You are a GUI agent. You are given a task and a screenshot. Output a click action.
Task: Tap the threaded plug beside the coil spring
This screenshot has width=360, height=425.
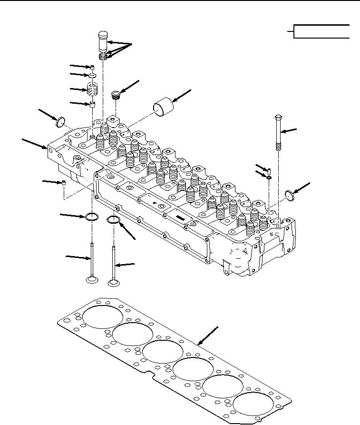115,95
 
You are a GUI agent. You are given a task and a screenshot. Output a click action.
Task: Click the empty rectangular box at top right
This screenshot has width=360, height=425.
322,31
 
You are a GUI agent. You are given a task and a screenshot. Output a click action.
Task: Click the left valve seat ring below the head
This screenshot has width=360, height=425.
91,218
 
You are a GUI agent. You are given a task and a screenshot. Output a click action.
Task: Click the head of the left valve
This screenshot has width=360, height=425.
91,282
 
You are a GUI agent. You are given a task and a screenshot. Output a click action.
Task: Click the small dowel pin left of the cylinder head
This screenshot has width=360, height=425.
63,183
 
